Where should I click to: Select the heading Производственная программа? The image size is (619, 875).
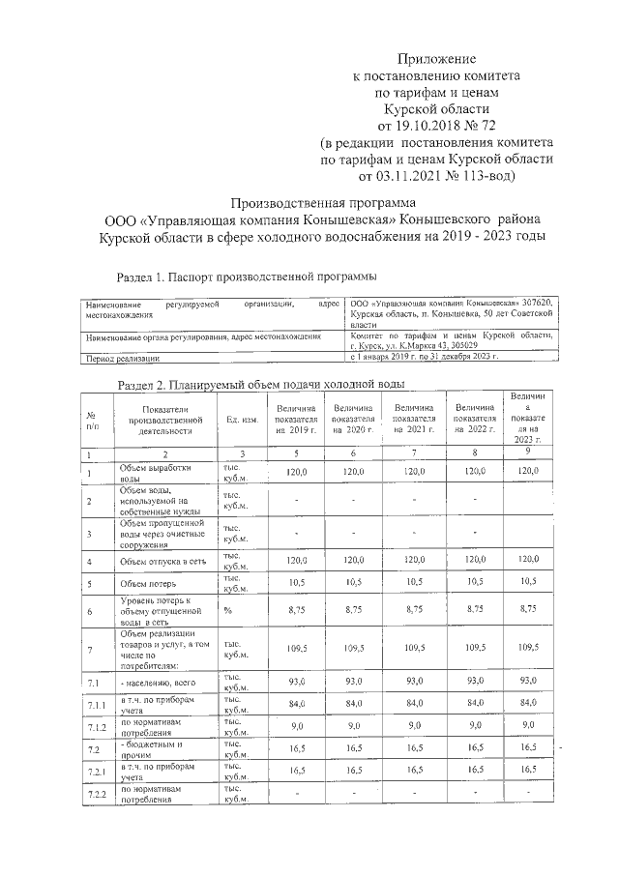[322, 203]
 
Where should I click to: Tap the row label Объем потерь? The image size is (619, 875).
[146, 584]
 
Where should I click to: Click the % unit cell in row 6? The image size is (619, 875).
[228, 611]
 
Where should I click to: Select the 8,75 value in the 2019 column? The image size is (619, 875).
[297, 611]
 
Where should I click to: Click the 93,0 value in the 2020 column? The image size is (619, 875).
[354, 682]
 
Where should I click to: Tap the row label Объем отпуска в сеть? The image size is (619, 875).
[154, 561]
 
